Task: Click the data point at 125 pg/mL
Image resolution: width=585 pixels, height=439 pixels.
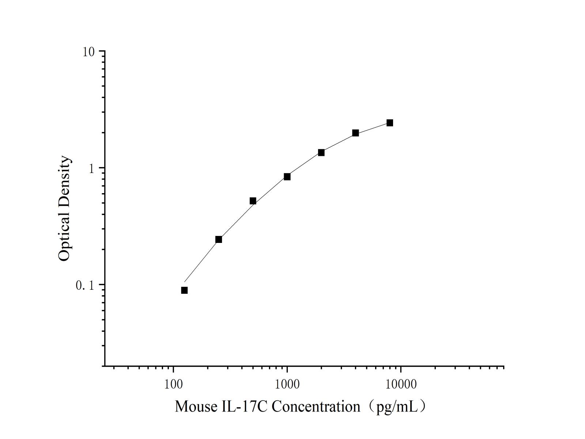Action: click(x=184, y=290)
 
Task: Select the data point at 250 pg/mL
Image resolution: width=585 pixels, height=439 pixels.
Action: click(x=219, y=239)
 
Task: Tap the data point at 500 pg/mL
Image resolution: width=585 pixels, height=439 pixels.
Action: click(x=253, y=201)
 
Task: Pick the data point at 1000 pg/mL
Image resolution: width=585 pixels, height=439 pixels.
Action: click(x=287, y=177)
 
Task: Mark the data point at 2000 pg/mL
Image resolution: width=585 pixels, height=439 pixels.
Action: click(x=321, y=153)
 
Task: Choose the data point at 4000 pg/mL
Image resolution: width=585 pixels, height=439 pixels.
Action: click(x=355, y=133)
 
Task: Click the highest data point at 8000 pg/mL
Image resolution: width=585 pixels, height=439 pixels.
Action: click(x=390, y=123)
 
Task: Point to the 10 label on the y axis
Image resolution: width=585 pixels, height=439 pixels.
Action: click(x=88, y=52)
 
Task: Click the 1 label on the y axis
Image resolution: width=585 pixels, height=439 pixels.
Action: click(x=92, y=168)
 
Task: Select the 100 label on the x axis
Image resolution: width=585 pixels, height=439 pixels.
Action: click(x=173, y=384)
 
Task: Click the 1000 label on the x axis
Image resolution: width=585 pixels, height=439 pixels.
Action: click(x=287, y=384)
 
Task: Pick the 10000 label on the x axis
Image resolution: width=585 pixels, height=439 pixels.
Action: click(x=401, y=384)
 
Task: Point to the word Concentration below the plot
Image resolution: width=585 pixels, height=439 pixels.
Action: click(x=316, y=406)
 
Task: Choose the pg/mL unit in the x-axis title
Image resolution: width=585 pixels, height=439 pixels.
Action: click(x=397, y=407)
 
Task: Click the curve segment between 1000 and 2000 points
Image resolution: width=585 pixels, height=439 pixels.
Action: click(x=304, y=164)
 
